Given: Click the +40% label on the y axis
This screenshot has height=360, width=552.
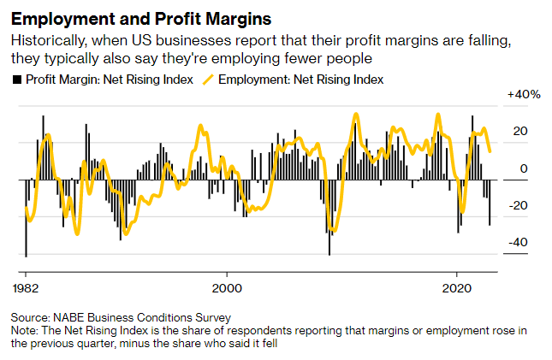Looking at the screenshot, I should tap(525, 94).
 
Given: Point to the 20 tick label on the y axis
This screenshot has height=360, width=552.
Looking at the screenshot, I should tap(519, 131).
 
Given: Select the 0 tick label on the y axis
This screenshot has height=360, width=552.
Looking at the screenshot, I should tap(522, 168).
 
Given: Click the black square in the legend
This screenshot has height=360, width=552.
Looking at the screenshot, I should tap(16, 79).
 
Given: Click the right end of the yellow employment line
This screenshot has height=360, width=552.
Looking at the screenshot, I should tap(490, 151).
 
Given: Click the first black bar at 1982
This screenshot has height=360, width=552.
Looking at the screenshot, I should tap(26, 218).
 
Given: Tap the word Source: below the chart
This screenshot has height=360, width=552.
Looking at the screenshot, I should tap(33, 318).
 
